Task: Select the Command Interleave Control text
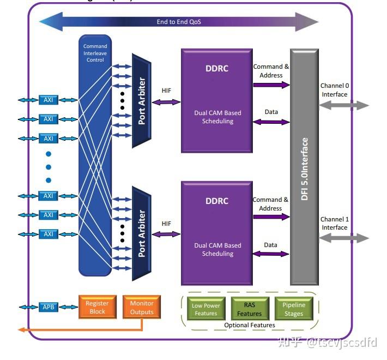pyautogui.click(x=95, y=53)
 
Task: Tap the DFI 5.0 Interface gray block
pyautogui.click(x=304, y=169)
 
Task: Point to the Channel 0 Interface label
pyautogui.click(x=334, y=90)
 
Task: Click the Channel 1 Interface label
pyautogui.click(x=334, y=224)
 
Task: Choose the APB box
pyautogui.click(x=49, y=307)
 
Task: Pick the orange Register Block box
pyautogui.click(x=97, y=308)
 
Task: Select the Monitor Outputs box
pyautogui.click(x=142, y=308)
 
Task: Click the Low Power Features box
pyautogui.click(x=205, y=309)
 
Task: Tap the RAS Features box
pyautogui.click(x=249, y=309)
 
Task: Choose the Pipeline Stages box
pyautogui.click(x=294, y=309)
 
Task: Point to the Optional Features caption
pyautogui.click(x=250, y=325)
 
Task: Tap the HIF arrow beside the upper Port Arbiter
pyautogui.click(x=166, y=102)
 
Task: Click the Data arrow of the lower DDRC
pyautogui.click(x=271, y=254)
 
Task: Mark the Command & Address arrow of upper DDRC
pyautogui.click(x=271, y=85)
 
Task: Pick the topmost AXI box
pyautogui.click(x=49, y=100)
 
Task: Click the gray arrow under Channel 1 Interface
pyautogui.click(x=344, y=238)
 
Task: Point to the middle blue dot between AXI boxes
pyautogui.click(x=49, y=167)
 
